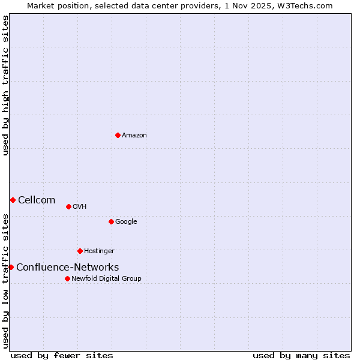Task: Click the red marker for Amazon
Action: point(118,135)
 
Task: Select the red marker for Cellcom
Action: point(13,200)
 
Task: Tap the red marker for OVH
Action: point(68,206)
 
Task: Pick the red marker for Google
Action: point(111,221)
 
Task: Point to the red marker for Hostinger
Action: point(80,251)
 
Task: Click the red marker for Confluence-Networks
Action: point(11,267)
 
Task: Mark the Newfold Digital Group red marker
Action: point(67,278)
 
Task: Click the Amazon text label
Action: point(134,136)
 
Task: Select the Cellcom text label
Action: point(37,200)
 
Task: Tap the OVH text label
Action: point(80,207)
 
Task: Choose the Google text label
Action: point(126,222)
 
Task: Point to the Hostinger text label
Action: point(99,251)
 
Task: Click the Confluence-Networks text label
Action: point(67,268)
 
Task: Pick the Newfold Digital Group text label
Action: point(106,279)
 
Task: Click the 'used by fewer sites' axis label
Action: point(62,355)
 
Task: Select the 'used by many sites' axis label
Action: point(301,355)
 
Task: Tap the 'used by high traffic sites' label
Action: point(5,85)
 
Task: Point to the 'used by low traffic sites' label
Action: point(5,280)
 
